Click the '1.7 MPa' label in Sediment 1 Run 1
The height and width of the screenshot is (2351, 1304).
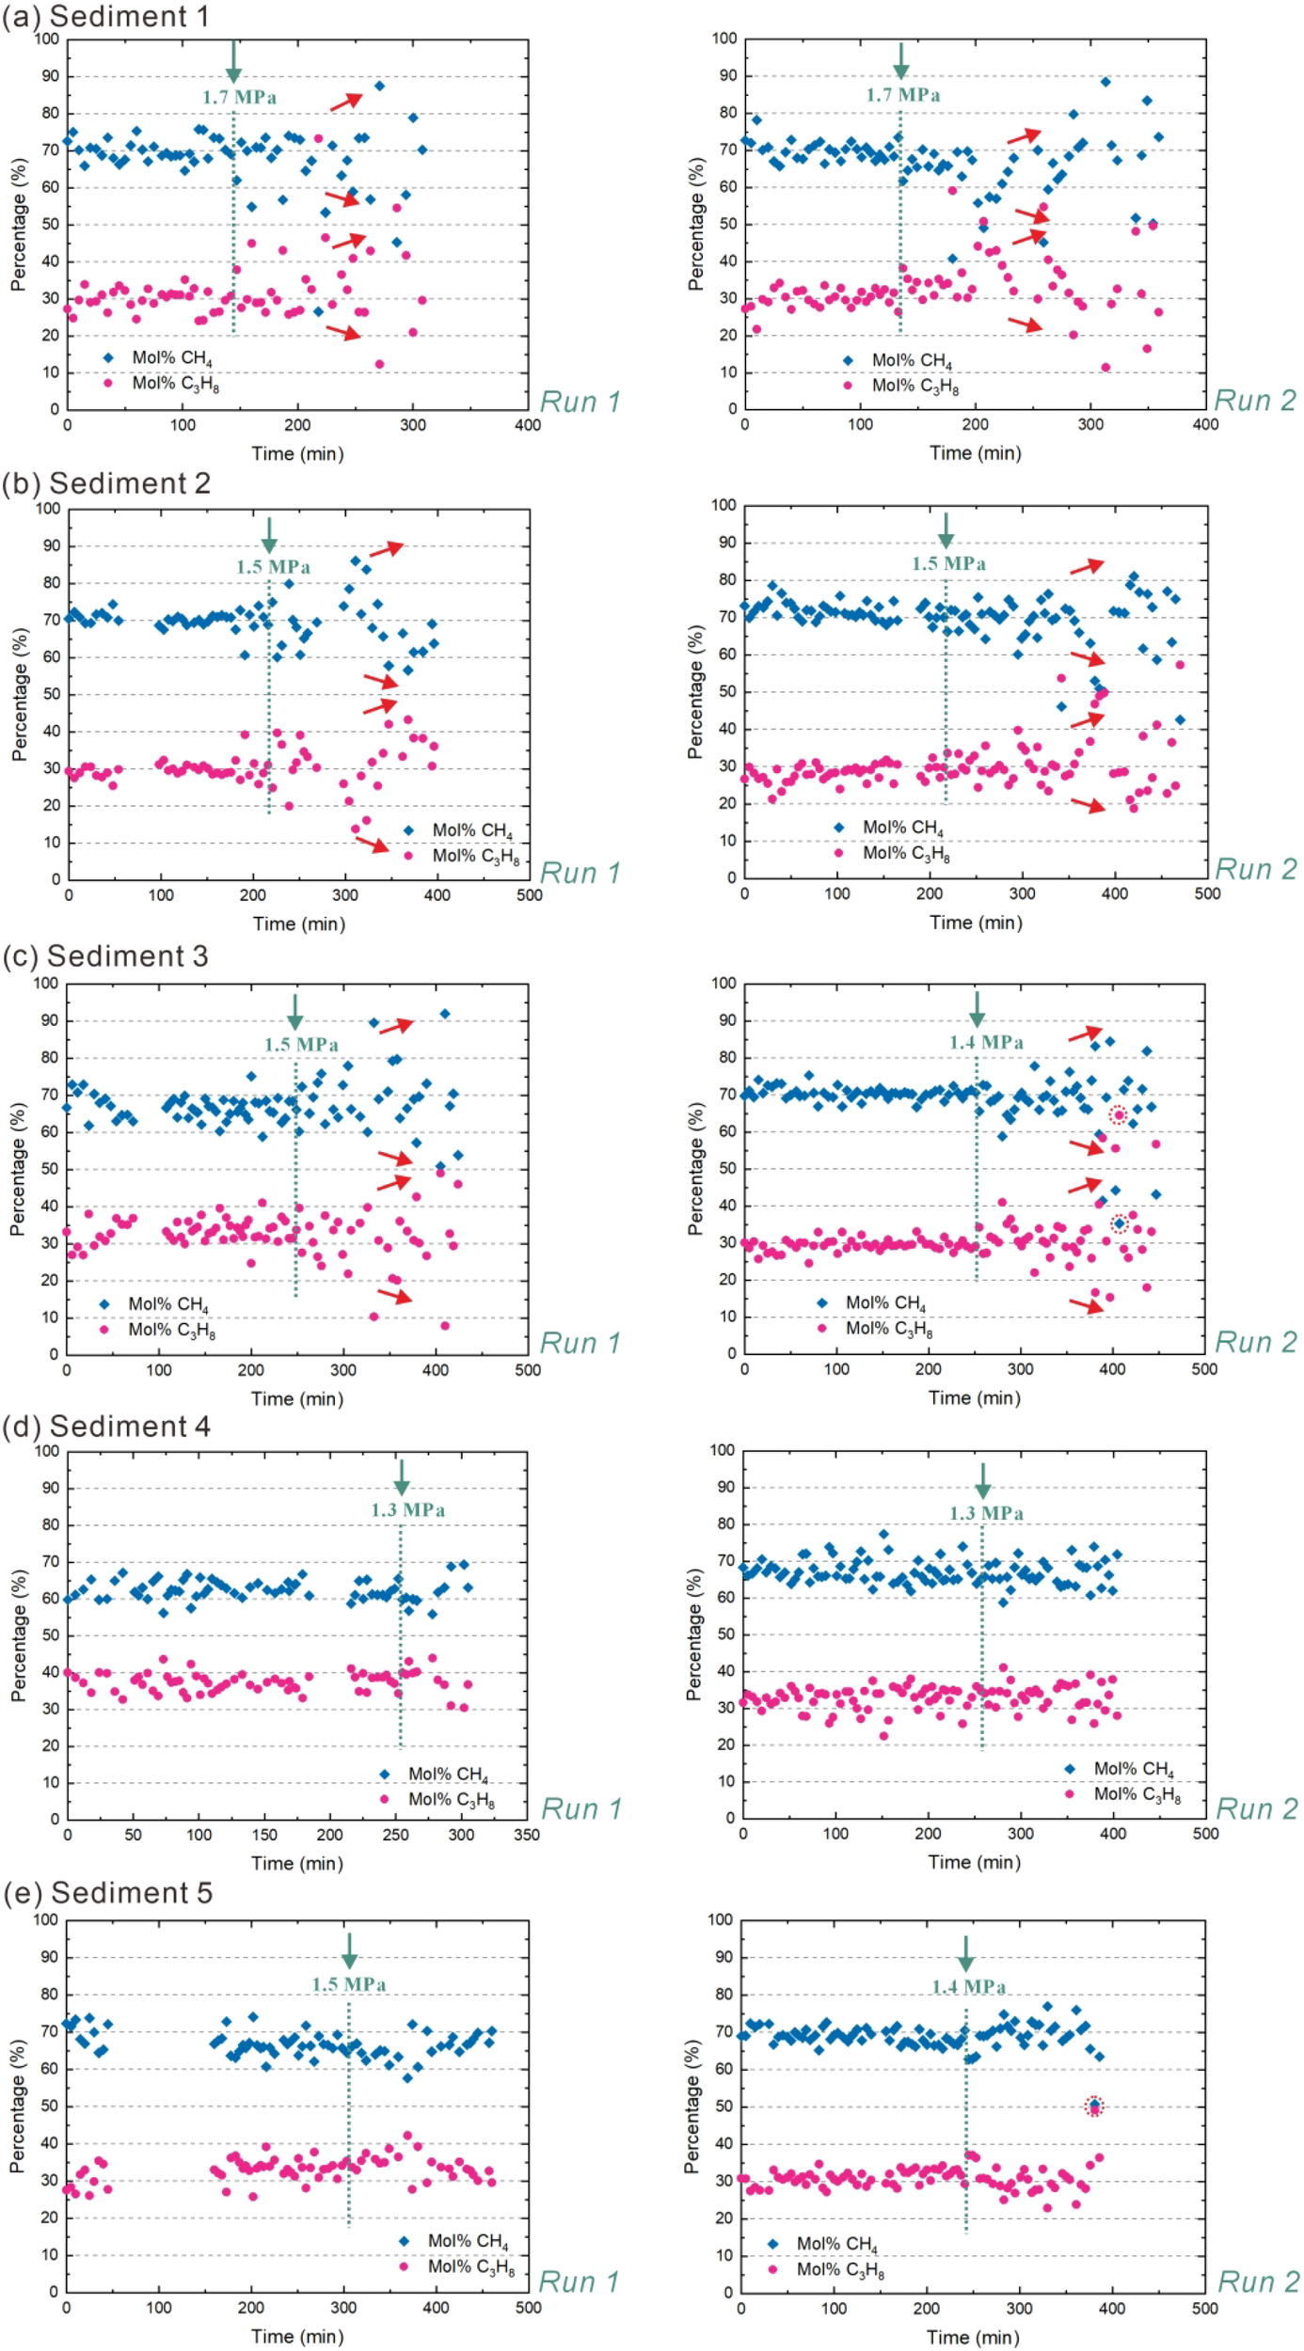pos(239,98)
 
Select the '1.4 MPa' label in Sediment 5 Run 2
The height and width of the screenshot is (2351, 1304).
pos(968,1987)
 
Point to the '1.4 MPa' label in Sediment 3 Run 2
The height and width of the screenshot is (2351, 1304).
pos(985,1042)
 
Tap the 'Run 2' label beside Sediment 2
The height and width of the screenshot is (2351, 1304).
pos(1255,869)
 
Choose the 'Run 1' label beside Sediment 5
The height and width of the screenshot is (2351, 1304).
pos(579,2281)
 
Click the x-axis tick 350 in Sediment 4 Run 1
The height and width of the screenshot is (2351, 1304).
pos(527,1835)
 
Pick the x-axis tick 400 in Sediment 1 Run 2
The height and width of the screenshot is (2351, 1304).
pos(1205,425)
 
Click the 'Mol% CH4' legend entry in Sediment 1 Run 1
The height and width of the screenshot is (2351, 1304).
pos(171,358)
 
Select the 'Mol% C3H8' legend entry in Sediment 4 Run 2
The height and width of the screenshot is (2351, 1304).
pos(1137,1794)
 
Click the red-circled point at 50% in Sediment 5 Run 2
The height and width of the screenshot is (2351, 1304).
pos(1093,2106)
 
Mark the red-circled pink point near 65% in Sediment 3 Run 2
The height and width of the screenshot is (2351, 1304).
pos(1118,1115)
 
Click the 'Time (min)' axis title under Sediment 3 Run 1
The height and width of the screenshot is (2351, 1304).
pos(296,1398)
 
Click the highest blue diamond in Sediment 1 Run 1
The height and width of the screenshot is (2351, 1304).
pos(379,86)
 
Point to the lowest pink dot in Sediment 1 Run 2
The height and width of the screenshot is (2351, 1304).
pos(1105,368)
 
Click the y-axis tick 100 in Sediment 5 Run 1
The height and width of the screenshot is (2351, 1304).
pos(46,1919)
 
